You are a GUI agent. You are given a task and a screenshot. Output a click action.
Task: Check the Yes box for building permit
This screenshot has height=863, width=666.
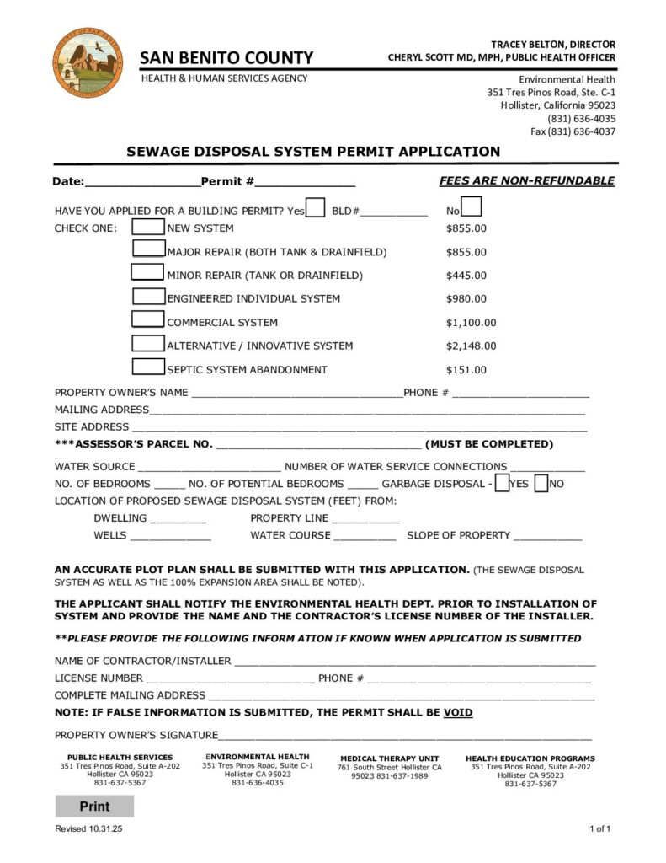pos(316,208)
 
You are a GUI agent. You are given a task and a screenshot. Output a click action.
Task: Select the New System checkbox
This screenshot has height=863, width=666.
pos(149,228)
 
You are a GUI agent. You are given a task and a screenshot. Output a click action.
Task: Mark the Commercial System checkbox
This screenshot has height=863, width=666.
pos(149,320)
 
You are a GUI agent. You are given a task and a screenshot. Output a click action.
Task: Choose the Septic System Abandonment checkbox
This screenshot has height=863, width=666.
pos(149,367)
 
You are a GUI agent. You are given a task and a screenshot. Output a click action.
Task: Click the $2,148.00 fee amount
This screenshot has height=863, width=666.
pos(471,346)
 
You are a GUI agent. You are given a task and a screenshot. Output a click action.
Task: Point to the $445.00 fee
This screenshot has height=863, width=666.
pos(466,275)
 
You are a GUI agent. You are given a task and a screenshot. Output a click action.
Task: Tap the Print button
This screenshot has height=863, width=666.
pos(94,807)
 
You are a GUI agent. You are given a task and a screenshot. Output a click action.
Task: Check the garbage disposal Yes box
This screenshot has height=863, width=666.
pos(502,484)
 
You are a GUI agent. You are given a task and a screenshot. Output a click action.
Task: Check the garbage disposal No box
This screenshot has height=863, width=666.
pos(541,484)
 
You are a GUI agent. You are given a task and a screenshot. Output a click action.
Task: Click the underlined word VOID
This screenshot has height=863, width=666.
pos(458,712)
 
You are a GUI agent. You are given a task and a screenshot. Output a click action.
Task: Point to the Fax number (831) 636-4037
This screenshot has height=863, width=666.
pos(573,131)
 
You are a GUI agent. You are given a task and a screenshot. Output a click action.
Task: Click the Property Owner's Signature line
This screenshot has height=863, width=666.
pos(404,736)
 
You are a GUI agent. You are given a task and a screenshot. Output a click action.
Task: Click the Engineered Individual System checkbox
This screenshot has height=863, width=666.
pos(149,297)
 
